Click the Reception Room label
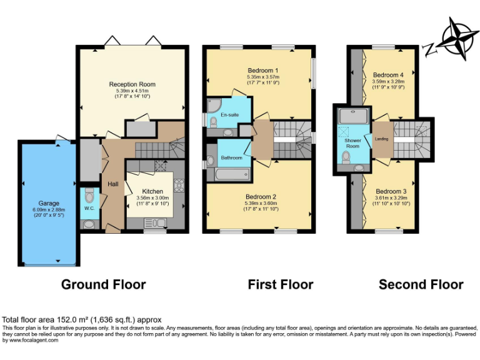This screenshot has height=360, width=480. (132, 84)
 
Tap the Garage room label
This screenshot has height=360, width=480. (49, 203)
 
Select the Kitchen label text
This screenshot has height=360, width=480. (152, 191)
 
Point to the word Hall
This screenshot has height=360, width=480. (113, 184)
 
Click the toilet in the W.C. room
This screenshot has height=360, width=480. (89, 194)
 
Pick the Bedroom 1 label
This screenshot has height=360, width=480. (262, 70)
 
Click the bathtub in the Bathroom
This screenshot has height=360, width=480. (232, 172)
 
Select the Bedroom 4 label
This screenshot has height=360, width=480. (388, 75)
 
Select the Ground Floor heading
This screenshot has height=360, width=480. (103, 285)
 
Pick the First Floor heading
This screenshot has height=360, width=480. (281, 285)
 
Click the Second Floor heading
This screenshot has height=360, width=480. (421, 285)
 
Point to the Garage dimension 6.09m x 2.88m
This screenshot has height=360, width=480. (49, 209)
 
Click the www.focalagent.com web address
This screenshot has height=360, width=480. (31, 340)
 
